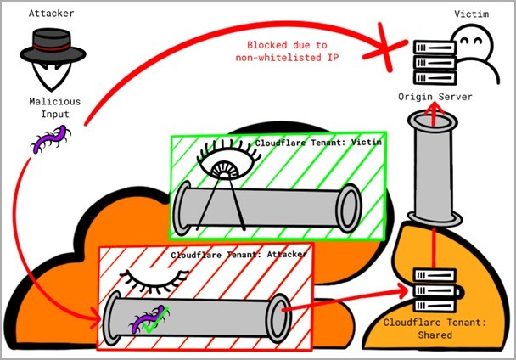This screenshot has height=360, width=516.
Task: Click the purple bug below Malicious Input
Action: click(51, 138)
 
